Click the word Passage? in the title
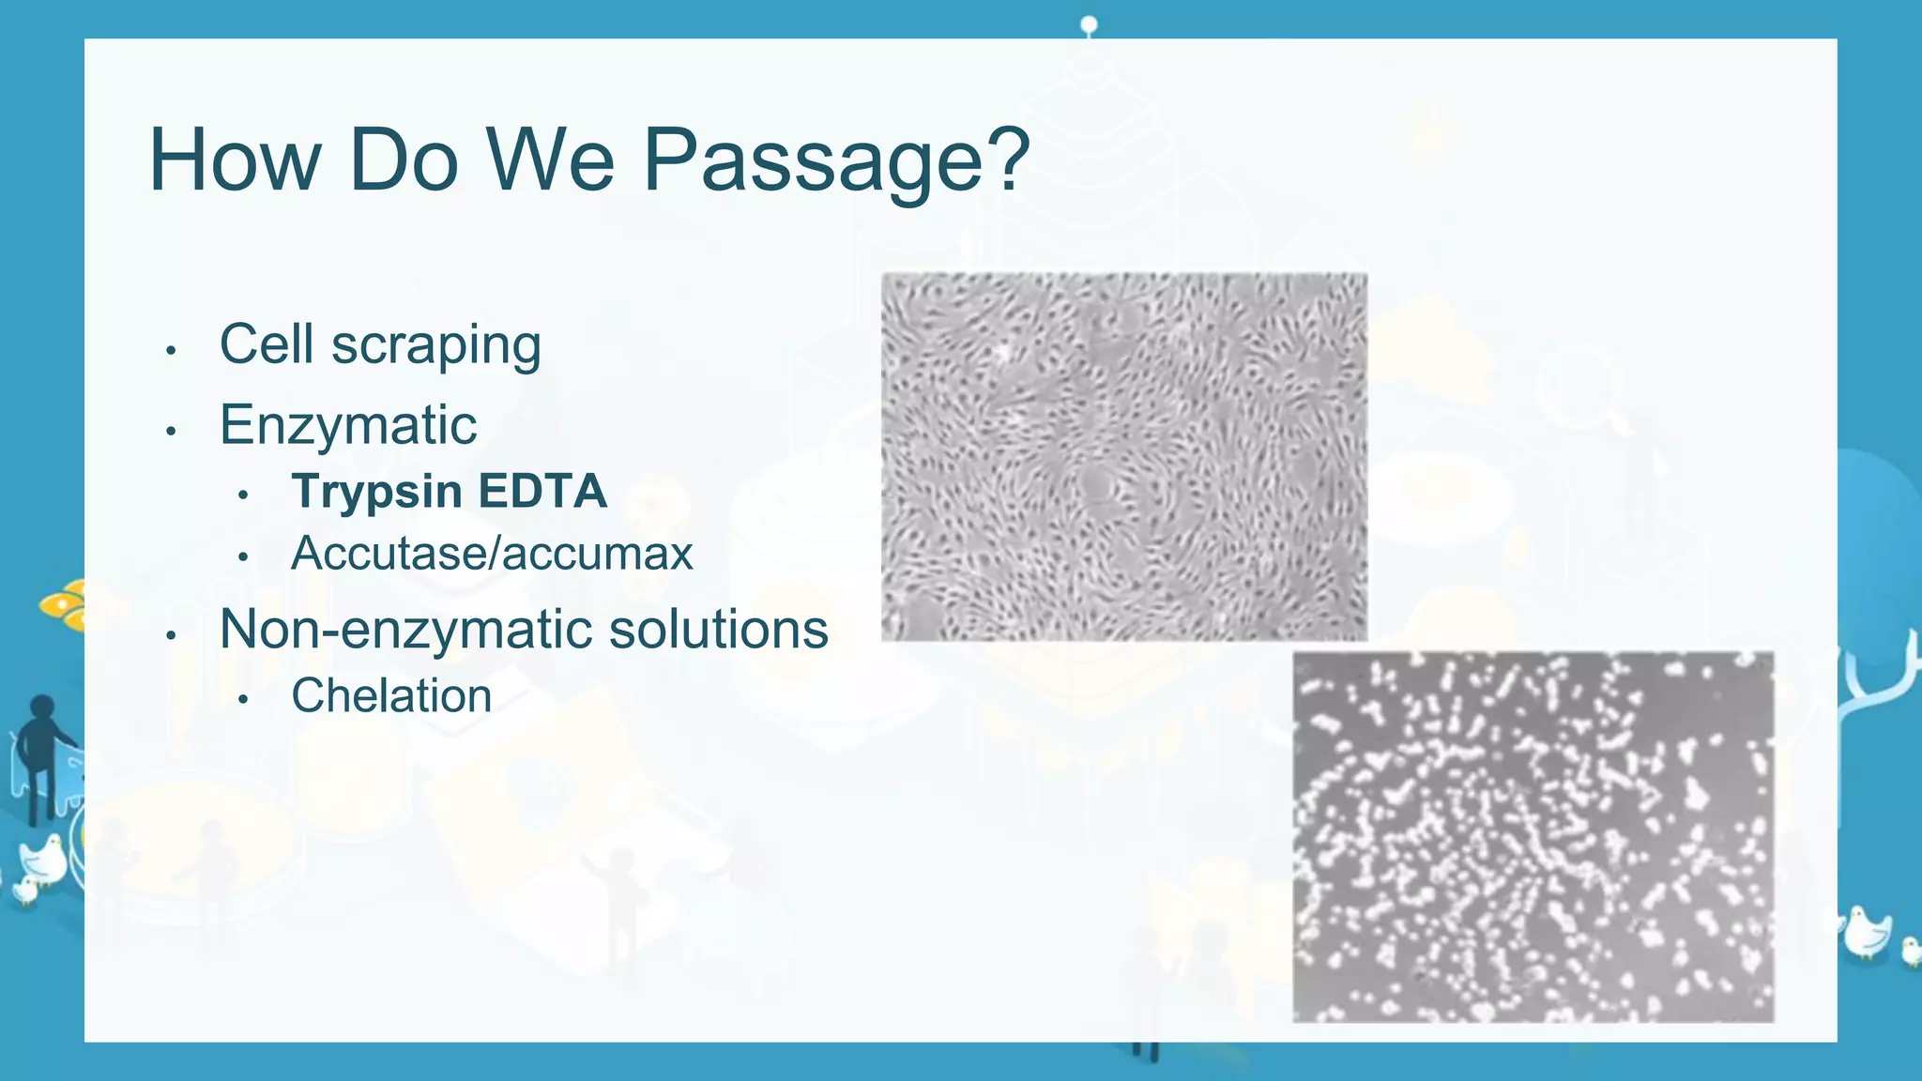(835, 161)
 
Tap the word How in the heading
(235, 161)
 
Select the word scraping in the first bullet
(435, 345)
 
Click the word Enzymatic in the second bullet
(348, 425)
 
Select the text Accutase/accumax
(491, 554)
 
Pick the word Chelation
(391, 696)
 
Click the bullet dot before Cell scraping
(171, 352)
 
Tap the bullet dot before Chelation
(243, 700)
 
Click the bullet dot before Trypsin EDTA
(243, 495)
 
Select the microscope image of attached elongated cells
(1123, 457)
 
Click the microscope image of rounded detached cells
(1533, 836)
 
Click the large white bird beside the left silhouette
(43, 858)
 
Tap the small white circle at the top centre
(1089, 23)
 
